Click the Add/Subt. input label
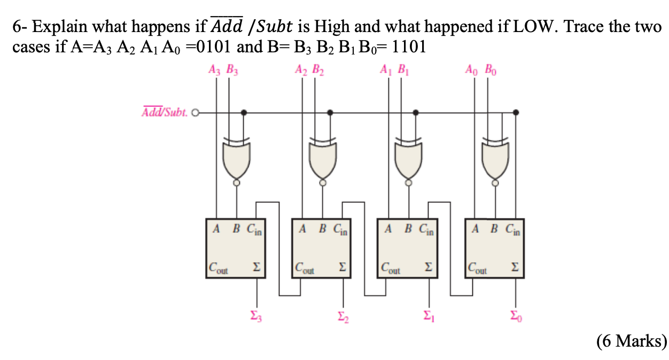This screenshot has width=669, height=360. coord(165,113)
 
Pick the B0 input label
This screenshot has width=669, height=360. coord(489,69)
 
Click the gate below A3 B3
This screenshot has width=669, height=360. coord(236,160)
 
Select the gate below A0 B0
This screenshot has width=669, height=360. coord(496,160)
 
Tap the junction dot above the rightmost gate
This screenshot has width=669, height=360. coord(516,113)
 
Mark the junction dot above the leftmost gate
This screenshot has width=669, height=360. coord(244,113)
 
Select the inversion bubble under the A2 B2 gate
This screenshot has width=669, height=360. coord(322,182)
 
